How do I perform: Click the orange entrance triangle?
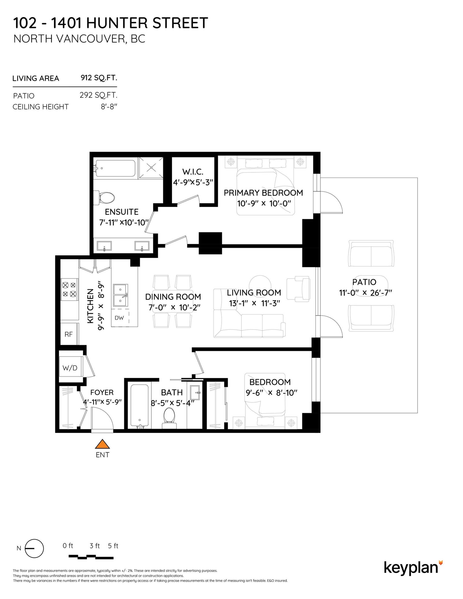pyautogui.click(x=102, y=444)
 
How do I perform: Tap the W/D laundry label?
pyautogui.click(x=70, y=368)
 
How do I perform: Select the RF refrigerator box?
pyautogui.click(x=69, y=334)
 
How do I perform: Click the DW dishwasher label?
pyautogui.click(x=119, y=318)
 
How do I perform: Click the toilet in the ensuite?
pyautogui.click(x=106, y=198)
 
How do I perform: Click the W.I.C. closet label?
pyautogui.click(x=193, y=172)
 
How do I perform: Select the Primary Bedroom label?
pyautogui.click(x=263, y=193)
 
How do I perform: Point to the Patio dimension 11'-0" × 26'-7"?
pyautogui.click(x=365, y=293)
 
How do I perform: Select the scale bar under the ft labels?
pyautogui.click(x=91, y=557)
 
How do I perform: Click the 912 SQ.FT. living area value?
pyautogui.click(x=99, y=78)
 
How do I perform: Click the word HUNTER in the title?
pyautogui.click(x=117, y=23)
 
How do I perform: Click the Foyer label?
pyautogui.click(x=102, y=392)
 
